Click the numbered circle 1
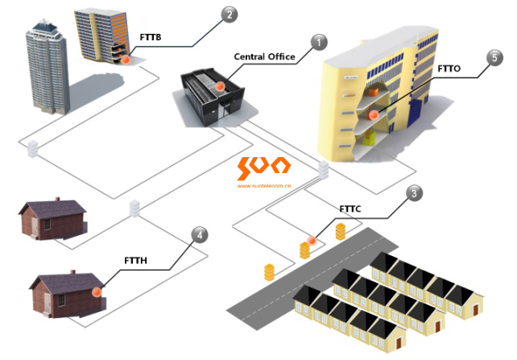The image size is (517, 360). (319, 41)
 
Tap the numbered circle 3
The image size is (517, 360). (412, 192)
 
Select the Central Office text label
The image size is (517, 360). (264, 56)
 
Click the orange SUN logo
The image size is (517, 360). (263, 168)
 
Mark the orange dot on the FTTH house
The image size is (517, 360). (97, 293)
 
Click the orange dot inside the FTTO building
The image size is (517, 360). (374, 115)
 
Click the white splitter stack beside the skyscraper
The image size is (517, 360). (34, 148)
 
